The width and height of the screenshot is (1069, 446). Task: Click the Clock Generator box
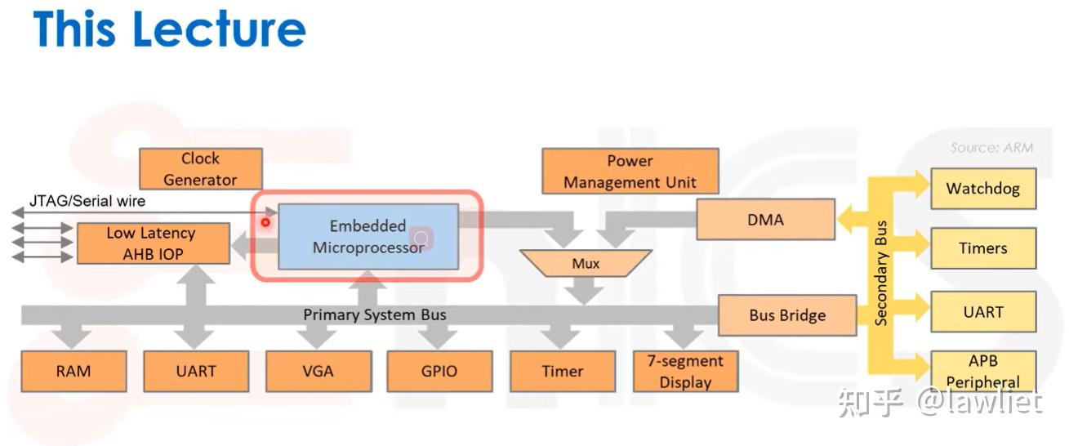coord(200,169)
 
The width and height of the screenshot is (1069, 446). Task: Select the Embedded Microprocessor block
coord(367,237)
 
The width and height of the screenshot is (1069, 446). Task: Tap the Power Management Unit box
coord(630,172)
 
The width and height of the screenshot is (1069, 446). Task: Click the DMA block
coord(765,219)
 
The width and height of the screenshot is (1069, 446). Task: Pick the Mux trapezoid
coord(585,263)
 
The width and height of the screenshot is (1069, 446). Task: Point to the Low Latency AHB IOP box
coord(153,243)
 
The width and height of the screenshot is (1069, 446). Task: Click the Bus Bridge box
coord(786,315)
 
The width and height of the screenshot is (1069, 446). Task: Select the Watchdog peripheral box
coord(982,189)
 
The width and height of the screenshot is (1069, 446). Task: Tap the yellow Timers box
coord(982,248)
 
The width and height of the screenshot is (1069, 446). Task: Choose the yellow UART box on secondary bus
coord(982,312)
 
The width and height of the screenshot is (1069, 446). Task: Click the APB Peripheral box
coord(982,371)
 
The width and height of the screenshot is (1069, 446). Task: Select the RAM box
coord(73,371)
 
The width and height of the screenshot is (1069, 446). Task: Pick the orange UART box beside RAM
coord(196,371)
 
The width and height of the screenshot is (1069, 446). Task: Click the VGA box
coord(318,371)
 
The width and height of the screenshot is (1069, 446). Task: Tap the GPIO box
coord(439,371)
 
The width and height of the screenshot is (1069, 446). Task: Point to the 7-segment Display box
coord(685,371)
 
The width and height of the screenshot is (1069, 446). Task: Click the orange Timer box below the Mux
coord(562,371)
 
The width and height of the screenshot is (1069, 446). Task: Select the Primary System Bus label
coord(375,314)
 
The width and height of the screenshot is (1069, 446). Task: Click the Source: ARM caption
coord(991,148)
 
